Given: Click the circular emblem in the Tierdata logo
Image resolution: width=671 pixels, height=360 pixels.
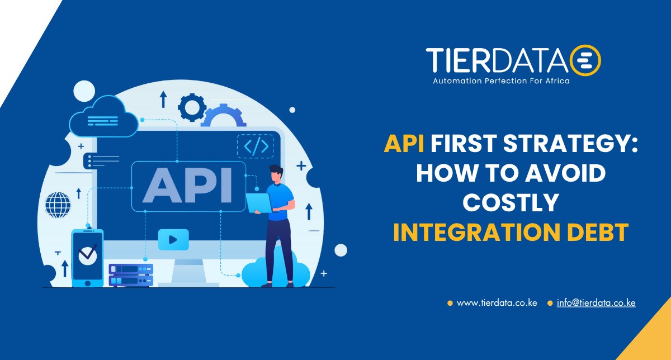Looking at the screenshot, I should point(585,60).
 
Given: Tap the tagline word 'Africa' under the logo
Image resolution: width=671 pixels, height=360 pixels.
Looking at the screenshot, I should point(556,81).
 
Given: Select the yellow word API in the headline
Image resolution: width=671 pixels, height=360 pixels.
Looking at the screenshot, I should point(403,145).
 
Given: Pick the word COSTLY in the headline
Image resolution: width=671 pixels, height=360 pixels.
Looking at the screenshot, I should point(511,203).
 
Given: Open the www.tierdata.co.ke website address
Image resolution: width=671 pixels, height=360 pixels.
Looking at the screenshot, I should point(497,303).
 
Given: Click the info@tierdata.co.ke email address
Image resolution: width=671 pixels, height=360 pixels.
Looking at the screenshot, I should point(596,303).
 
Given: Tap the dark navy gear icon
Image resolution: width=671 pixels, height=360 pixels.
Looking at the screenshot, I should point(192,107).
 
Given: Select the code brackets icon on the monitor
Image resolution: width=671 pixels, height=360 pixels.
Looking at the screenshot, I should point(256,146).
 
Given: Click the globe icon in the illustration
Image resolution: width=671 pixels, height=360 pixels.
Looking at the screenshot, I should point(58,205).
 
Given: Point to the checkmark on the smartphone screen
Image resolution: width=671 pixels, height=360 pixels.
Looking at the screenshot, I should point(87,254).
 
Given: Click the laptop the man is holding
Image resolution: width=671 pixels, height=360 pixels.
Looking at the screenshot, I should point(258,202).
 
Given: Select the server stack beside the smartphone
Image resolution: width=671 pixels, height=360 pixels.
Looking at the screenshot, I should point(131,274).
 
